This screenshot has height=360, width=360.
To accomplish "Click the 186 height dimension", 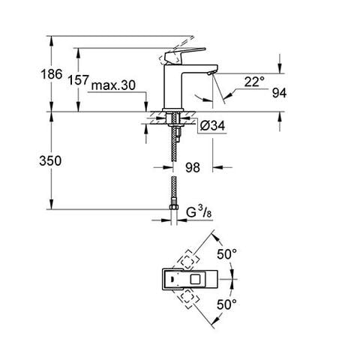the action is [52, 74].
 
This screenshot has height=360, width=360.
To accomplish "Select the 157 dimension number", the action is [79, 80].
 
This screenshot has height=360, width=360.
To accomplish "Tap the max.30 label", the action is [113, 85].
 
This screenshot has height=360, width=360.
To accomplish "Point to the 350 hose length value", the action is [50, 160].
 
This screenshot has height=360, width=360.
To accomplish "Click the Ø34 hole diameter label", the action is [212, 125].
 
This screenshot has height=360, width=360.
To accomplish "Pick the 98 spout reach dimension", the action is [193, 167].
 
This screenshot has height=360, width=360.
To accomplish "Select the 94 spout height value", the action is [279, 93].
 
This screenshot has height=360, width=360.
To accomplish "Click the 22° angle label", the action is [254, 82].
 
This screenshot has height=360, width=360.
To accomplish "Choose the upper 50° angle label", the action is [226, 254].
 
